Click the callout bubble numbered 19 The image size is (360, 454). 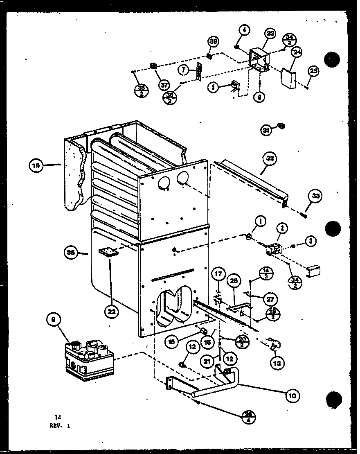click(x=36, y=165)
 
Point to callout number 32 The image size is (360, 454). click(x=271, y=158)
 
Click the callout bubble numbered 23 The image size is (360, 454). click(x=271, y=34)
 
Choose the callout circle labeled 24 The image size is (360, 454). click(x=297, y=52)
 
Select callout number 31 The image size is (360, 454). click(x=267, y=130)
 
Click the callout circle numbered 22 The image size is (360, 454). click(x=111, y=311)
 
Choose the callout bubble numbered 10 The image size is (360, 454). click(x=293, y=395)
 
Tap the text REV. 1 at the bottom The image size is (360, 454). click(x=59, y=425)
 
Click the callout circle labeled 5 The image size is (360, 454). click(x=213, y=87)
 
